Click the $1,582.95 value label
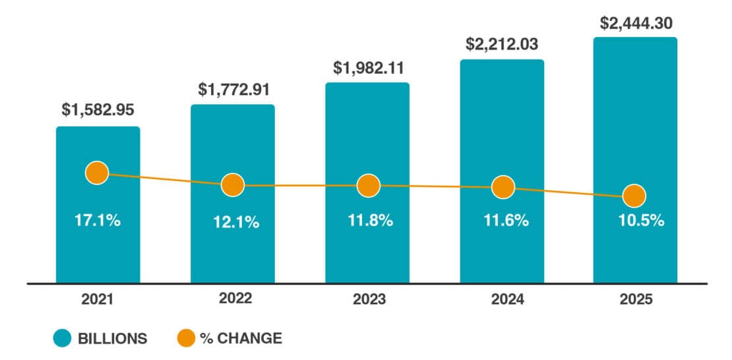coord(98,109)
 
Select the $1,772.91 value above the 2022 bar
coord(233,88)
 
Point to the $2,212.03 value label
coord(502,44)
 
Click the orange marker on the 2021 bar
coord(97,173)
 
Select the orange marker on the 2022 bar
coord(233,185)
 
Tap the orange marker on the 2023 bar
coord(368,185)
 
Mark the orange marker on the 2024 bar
coord(503,187)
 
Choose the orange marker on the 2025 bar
coord(634,196)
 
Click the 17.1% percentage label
coord(98,220)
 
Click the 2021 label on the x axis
coord(98,299)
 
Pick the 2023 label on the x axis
coord(369,299)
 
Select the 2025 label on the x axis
coord(636,299)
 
